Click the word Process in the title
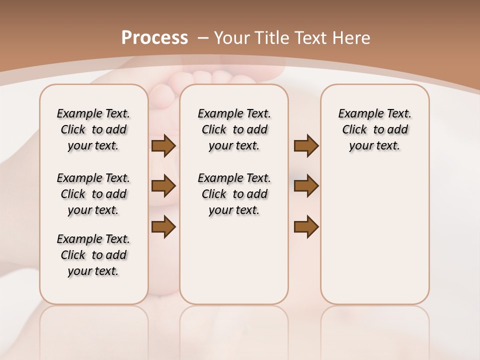point(154,38)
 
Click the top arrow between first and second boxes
point(163,145)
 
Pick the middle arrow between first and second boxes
point(163,186)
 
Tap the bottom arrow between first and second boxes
point(163,226)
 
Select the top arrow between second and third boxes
point(306,145)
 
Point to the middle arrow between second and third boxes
point(306,186)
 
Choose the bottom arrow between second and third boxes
point(306,226)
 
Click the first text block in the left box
point(93,129)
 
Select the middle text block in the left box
point(93,194)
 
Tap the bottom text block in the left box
point(93,255)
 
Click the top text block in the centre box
point(234,129)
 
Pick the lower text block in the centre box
point(234,194)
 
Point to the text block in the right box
point(374,129)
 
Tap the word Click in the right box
point(354,130)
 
